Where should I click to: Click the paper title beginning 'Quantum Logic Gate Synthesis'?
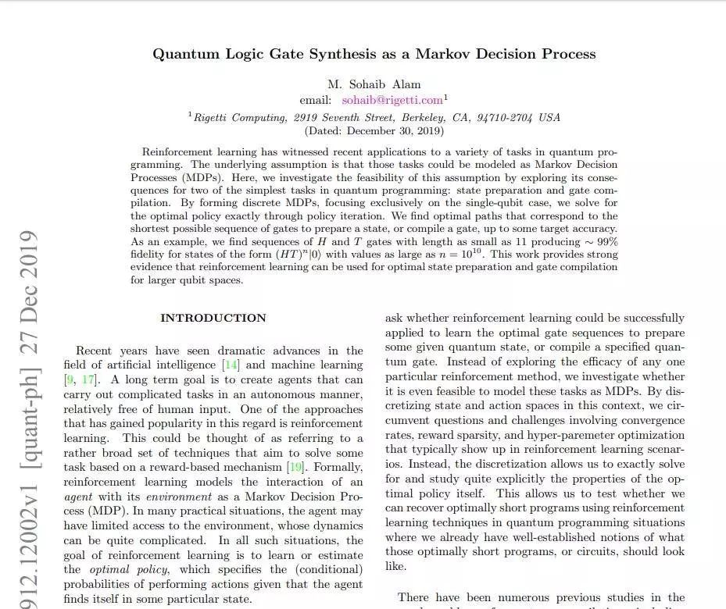[x=374, y=54]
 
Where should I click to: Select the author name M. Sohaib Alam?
[x=374, y=84]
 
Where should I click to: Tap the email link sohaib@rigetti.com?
[x=392, y=100]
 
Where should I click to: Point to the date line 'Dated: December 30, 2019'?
[x=374, y=131]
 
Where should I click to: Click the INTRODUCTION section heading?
[x=213, y=318]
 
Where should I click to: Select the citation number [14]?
[x=231, y=365]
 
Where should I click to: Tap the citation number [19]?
[x=295, y=468]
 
